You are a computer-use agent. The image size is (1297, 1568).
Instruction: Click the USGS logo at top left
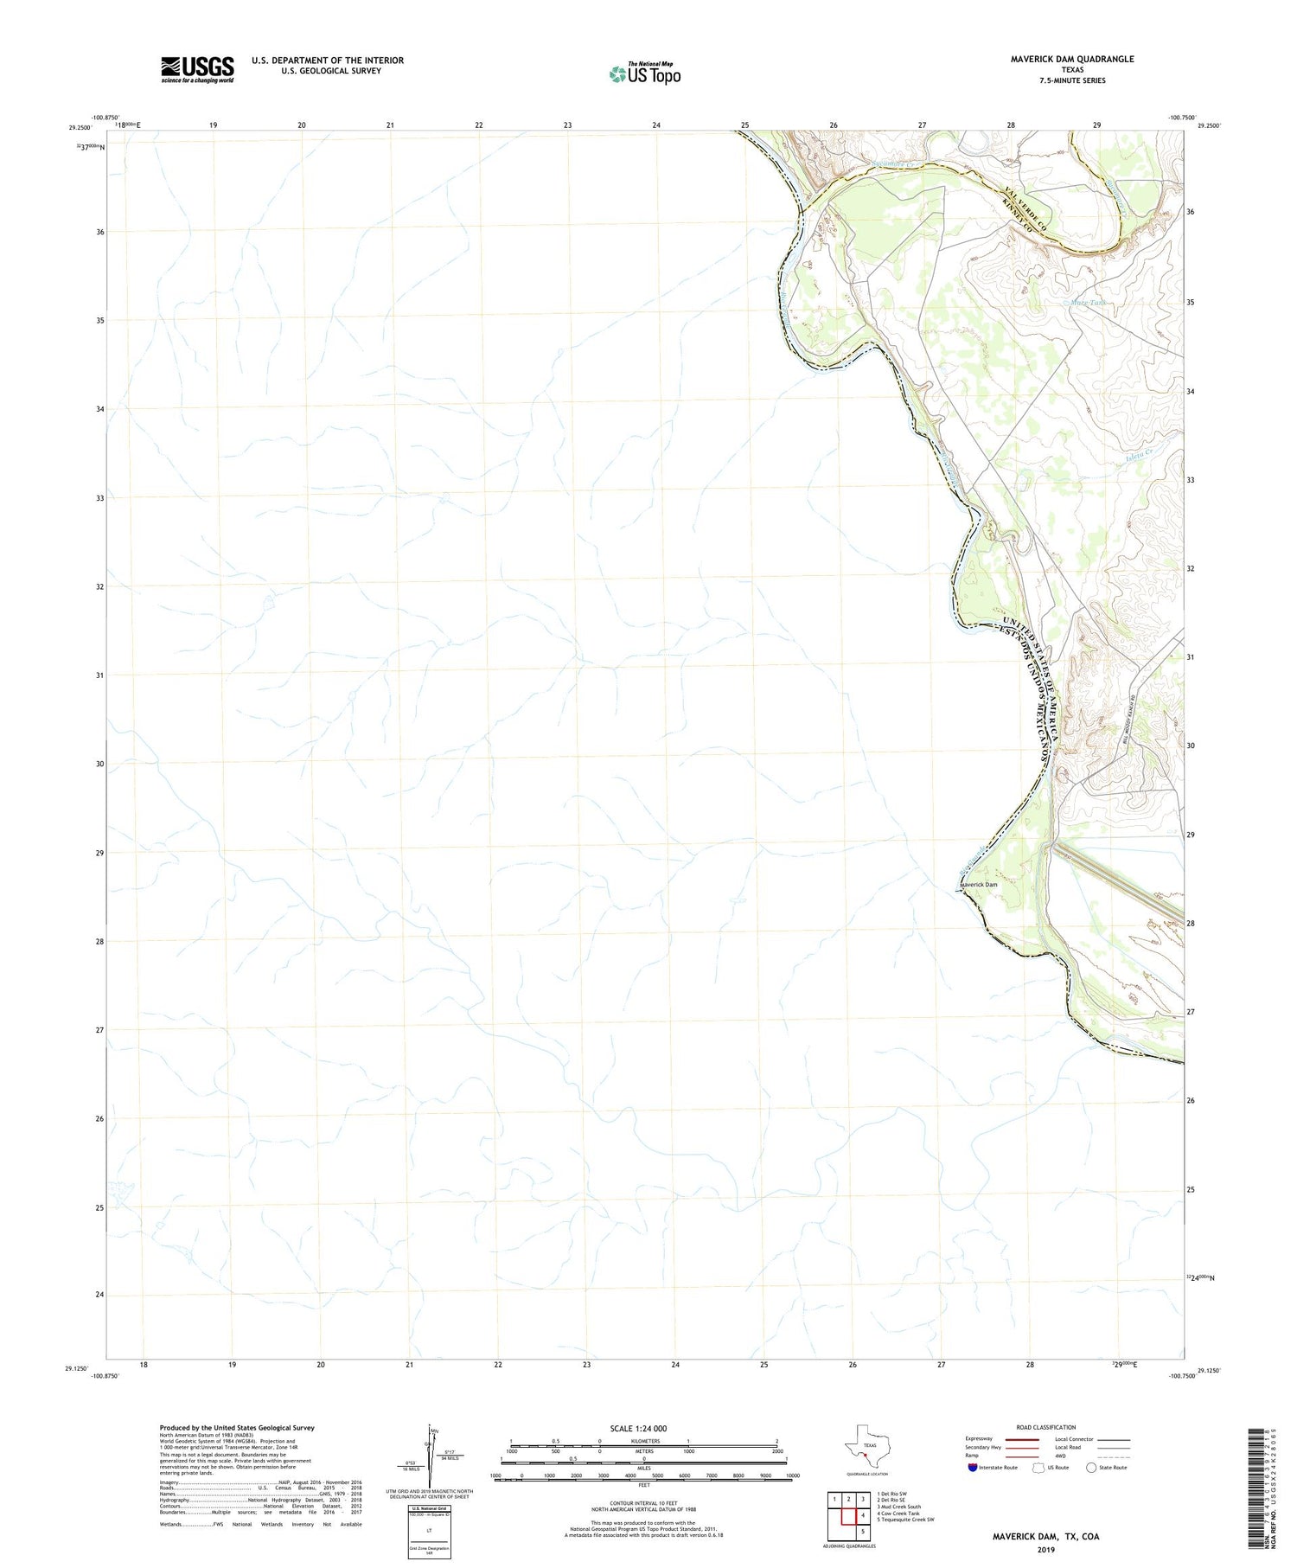tap(197, 69)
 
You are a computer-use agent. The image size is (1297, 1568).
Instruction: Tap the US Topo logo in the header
tap(644, 74)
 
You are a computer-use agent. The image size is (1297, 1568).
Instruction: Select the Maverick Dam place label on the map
tap(979, 885)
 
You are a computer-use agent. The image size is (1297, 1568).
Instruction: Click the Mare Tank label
tap(1088, 303)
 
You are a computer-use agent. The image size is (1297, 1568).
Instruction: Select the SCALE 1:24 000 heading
tap(638, 1428)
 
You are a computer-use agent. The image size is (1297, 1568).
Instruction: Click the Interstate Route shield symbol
tap(973, 1467)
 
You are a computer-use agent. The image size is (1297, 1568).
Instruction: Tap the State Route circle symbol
tap(1091, 1467)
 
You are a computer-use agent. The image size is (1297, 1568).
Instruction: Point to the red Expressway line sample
tap(1021, 1439)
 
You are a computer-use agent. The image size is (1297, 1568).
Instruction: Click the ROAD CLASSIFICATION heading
tap(1046, 1427)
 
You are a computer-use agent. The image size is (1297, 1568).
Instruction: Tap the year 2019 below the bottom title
tap(1045, 1548)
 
